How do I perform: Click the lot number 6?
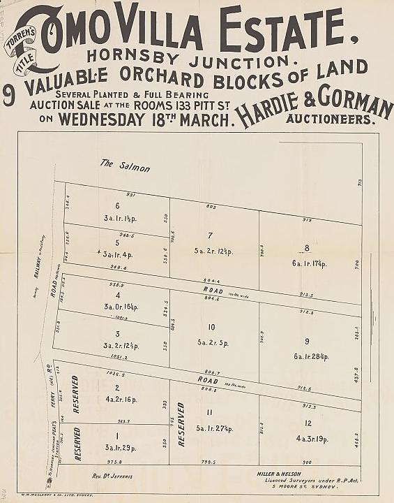(118, 205)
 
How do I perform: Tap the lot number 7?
(209, 235)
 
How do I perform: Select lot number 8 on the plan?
(306, 247)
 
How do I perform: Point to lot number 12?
(308, 424)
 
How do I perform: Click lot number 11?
(209, 412)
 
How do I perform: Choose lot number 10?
(211, 327)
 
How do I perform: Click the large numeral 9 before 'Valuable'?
(9, 95)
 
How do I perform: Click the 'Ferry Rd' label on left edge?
(50, 374)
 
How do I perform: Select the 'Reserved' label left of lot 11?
(181, 425)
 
